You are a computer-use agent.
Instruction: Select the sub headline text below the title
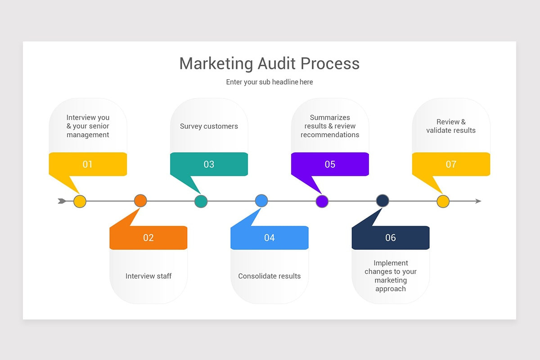click(269, 82)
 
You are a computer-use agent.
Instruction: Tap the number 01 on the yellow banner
click(87, 164)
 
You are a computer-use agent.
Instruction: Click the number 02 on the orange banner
click(148, 238)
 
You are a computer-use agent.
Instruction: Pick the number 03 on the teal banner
click(209, 164)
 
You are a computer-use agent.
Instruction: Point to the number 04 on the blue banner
click(269, 238)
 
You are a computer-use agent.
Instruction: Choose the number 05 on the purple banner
click(330, 164)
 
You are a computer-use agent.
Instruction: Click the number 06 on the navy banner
click(390, 238)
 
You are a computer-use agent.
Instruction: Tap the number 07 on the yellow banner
click(451, 164)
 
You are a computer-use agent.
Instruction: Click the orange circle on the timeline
click(140, 201)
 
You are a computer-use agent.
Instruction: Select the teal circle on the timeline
click(201, 201)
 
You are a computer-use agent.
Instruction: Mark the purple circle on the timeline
click(322, 201)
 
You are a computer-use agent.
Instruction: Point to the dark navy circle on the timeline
click(382, 201)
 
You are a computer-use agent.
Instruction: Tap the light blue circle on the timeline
click(261, 201)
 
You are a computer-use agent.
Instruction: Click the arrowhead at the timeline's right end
click(478, 201)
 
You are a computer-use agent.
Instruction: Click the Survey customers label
click(209, 126)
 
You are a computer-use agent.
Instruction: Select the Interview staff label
click(148, 276)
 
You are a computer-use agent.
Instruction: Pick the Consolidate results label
click(269, 276)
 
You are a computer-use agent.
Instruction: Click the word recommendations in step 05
click(330, 135)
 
